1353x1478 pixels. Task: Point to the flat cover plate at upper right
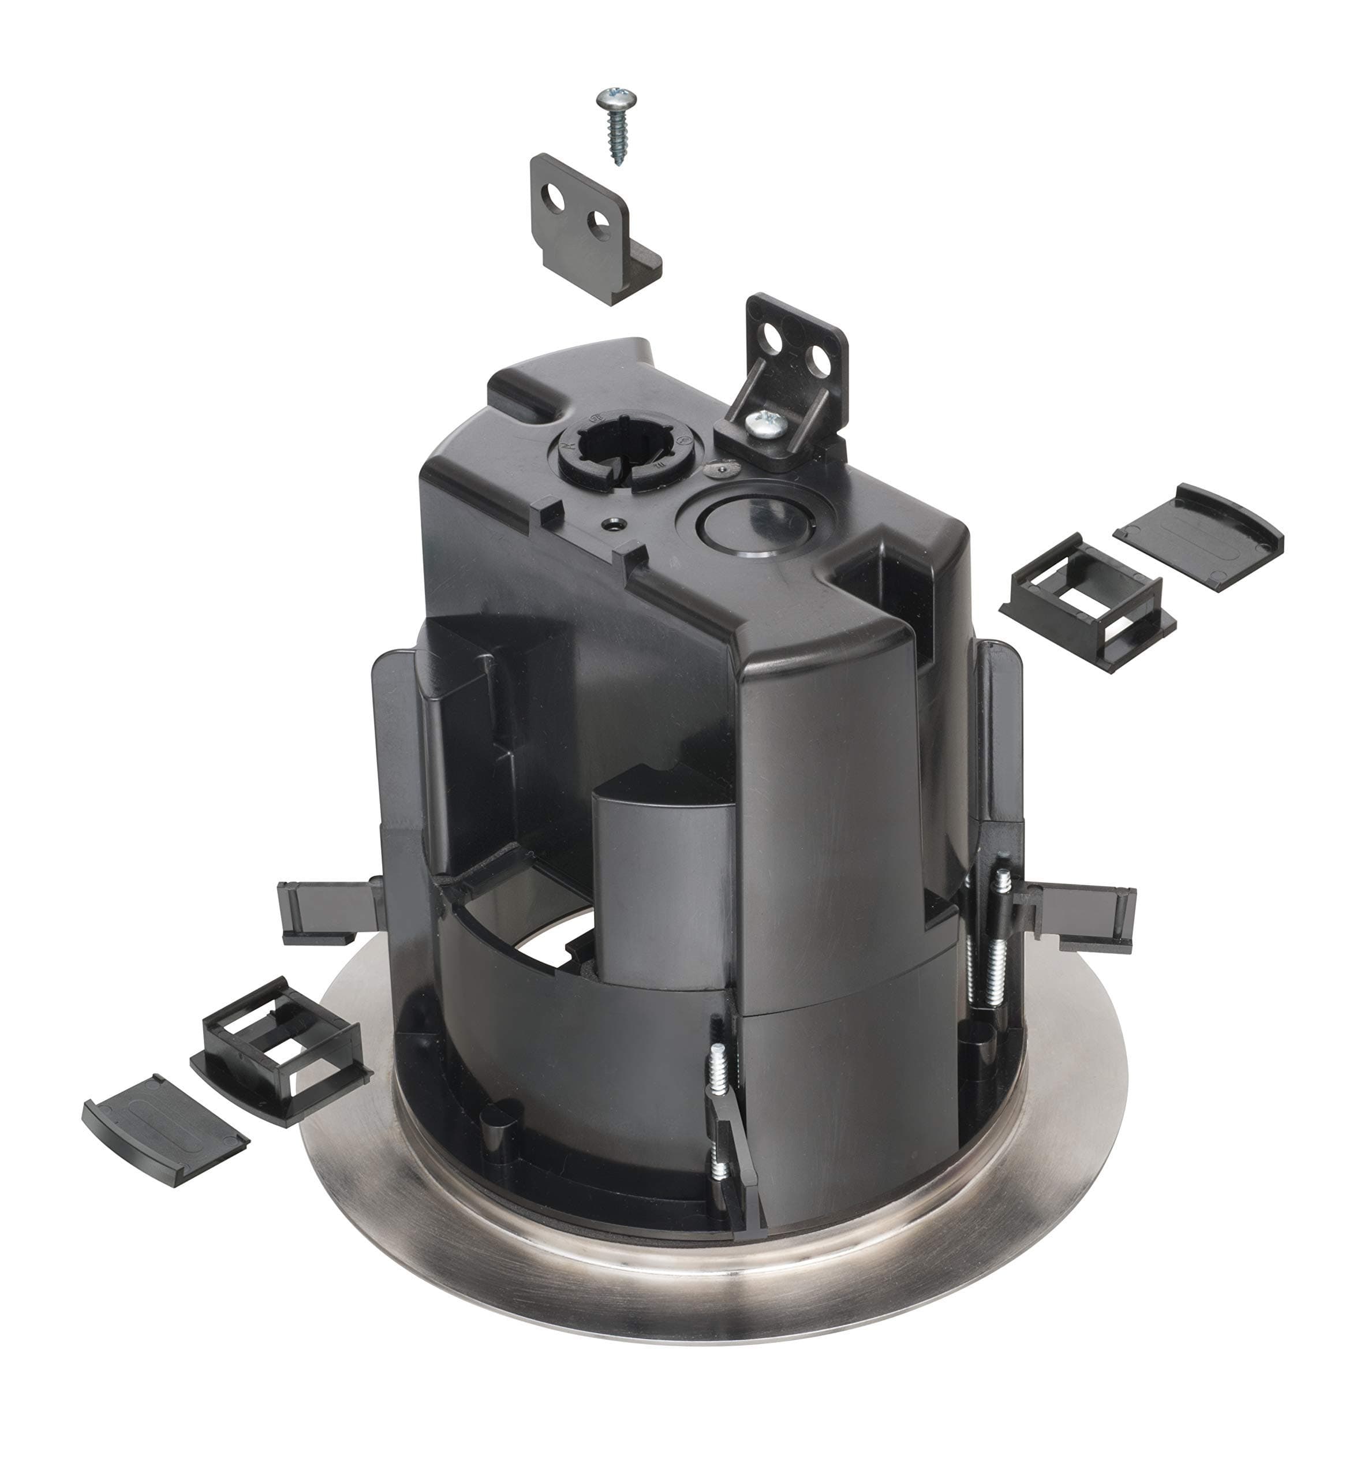[1198, 537]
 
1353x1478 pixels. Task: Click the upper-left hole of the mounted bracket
[771, 337]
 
